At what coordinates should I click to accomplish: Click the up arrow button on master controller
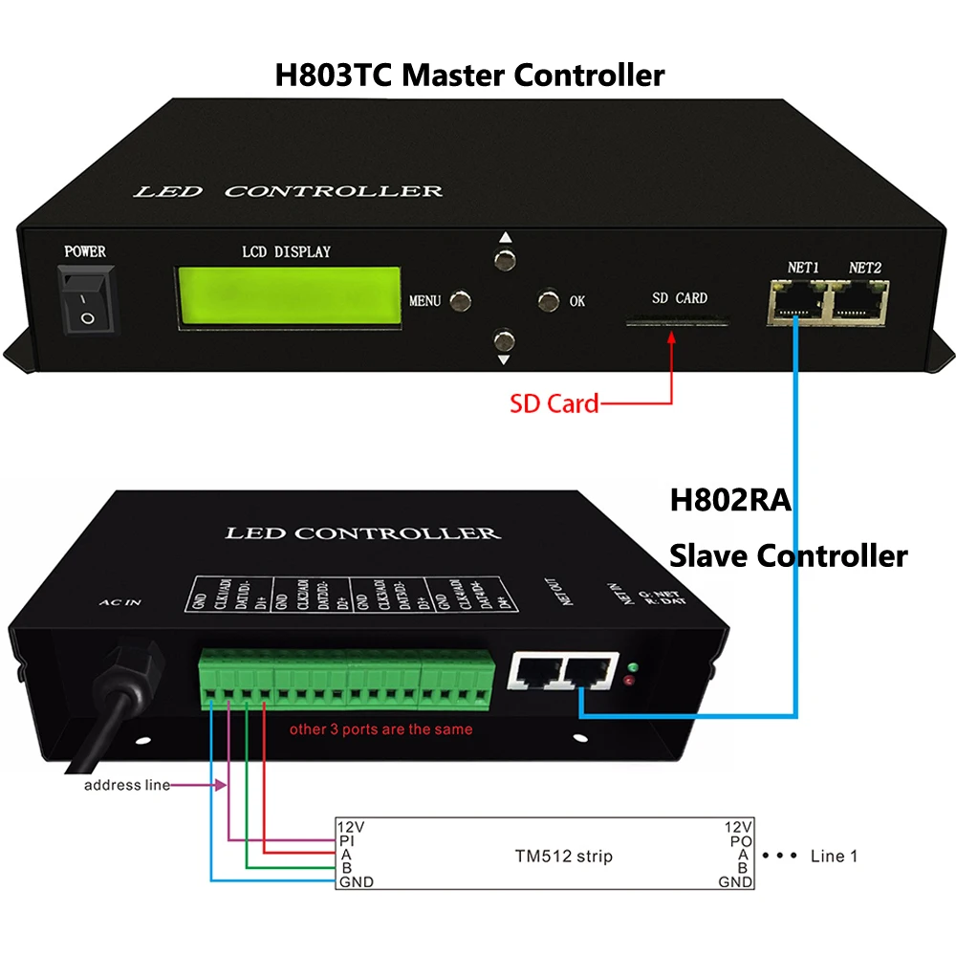coord(504,259)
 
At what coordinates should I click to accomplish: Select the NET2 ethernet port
coord(859,301)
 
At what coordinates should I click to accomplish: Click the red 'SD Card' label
coord(555,403)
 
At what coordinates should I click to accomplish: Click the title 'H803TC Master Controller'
coord(469,75)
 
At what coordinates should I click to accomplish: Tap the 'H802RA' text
coord(729,500)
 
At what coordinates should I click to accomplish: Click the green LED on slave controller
coord(632,665)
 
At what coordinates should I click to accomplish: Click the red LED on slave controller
coord(628,681)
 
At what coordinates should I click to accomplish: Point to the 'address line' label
coord(126,785)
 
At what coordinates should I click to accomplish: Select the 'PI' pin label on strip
coord(347,841)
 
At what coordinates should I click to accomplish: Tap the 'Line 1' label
coord(834,856)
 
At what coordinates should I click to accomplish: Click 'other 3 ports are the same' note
coord(380,729)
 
